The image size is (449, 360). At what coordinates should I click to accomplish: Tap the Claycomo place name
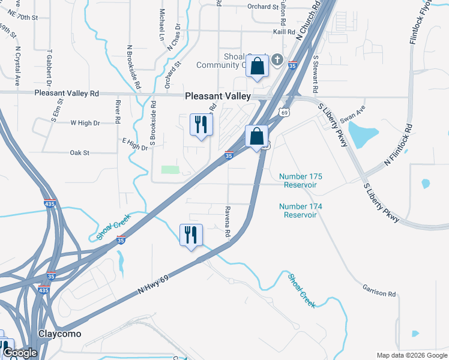click(59, 333)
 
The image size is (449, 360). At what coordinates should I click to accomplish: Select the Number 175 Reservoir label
click(301, 181)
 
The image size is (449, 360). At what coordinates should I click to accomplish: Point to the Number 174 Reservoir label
click(301, 211)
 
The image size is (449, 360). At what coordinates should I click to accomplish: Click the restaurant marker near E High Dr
click(199, 125)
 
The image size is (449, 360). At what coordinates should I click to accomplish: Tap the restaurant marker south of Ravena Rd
click(191, 235)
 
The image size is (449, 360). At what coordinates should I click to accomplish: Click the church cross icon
click(277, 59)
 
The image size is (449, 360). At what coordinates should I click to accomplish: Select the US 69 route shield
click(285, 112)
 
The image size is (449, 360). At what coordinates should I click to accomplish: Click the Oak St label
click(79, 153)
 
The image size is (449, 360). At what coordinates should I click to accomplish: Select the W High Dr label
click(85, 123)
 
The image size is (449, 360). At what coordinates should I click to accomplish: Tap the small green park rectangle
click(170, 170)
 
